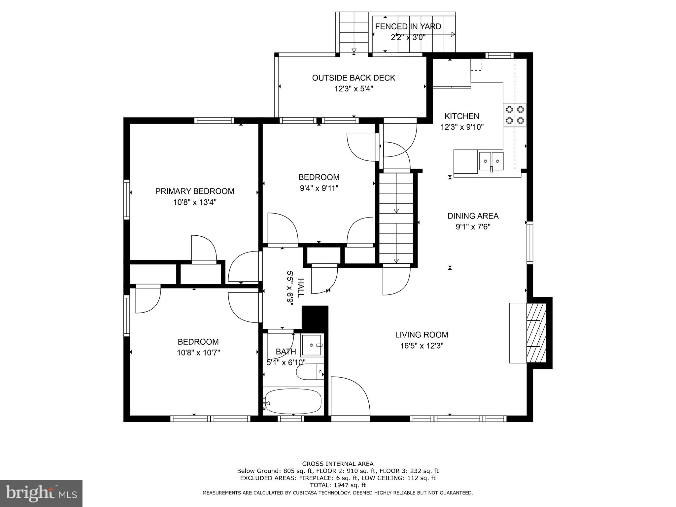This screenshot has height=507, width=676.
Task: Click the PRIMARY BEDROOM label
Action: (195, 191)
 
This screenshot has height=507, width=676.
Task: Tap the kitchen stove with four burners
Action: (515, 115)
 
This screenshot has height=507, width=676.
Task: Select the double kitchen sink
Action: (491, 161)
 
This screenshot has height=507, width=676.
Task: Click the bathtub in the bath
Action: (293, 401)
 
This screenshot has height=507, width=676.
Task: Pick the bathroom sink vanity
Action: (311, 345)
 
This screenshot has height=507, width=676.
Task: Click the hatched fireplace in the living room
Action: (536, 333)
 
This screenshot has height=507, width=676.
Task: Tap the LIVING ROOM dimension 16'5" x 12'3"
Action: (422, 346)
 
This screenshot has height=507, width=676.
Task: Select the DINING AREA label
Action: (473, 216)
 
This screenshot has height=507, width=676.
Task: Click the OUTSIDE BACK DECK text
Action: (354, 78)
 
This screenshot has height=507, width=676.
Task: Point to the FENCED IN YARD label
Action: (408, 26)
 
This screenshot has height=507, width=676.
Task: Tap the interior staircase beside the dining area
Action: (396, 218)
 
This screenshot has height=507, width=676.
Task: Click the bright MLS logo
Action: (41, 493)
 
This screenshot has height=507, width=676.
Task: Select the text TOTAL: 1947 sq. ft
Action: (338, 485)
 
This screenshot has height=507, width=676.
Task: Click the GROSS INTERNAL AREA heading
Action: (338, 464)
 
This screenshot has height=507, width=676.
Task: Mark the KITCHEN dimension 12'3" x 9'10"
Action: (462, 127)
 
